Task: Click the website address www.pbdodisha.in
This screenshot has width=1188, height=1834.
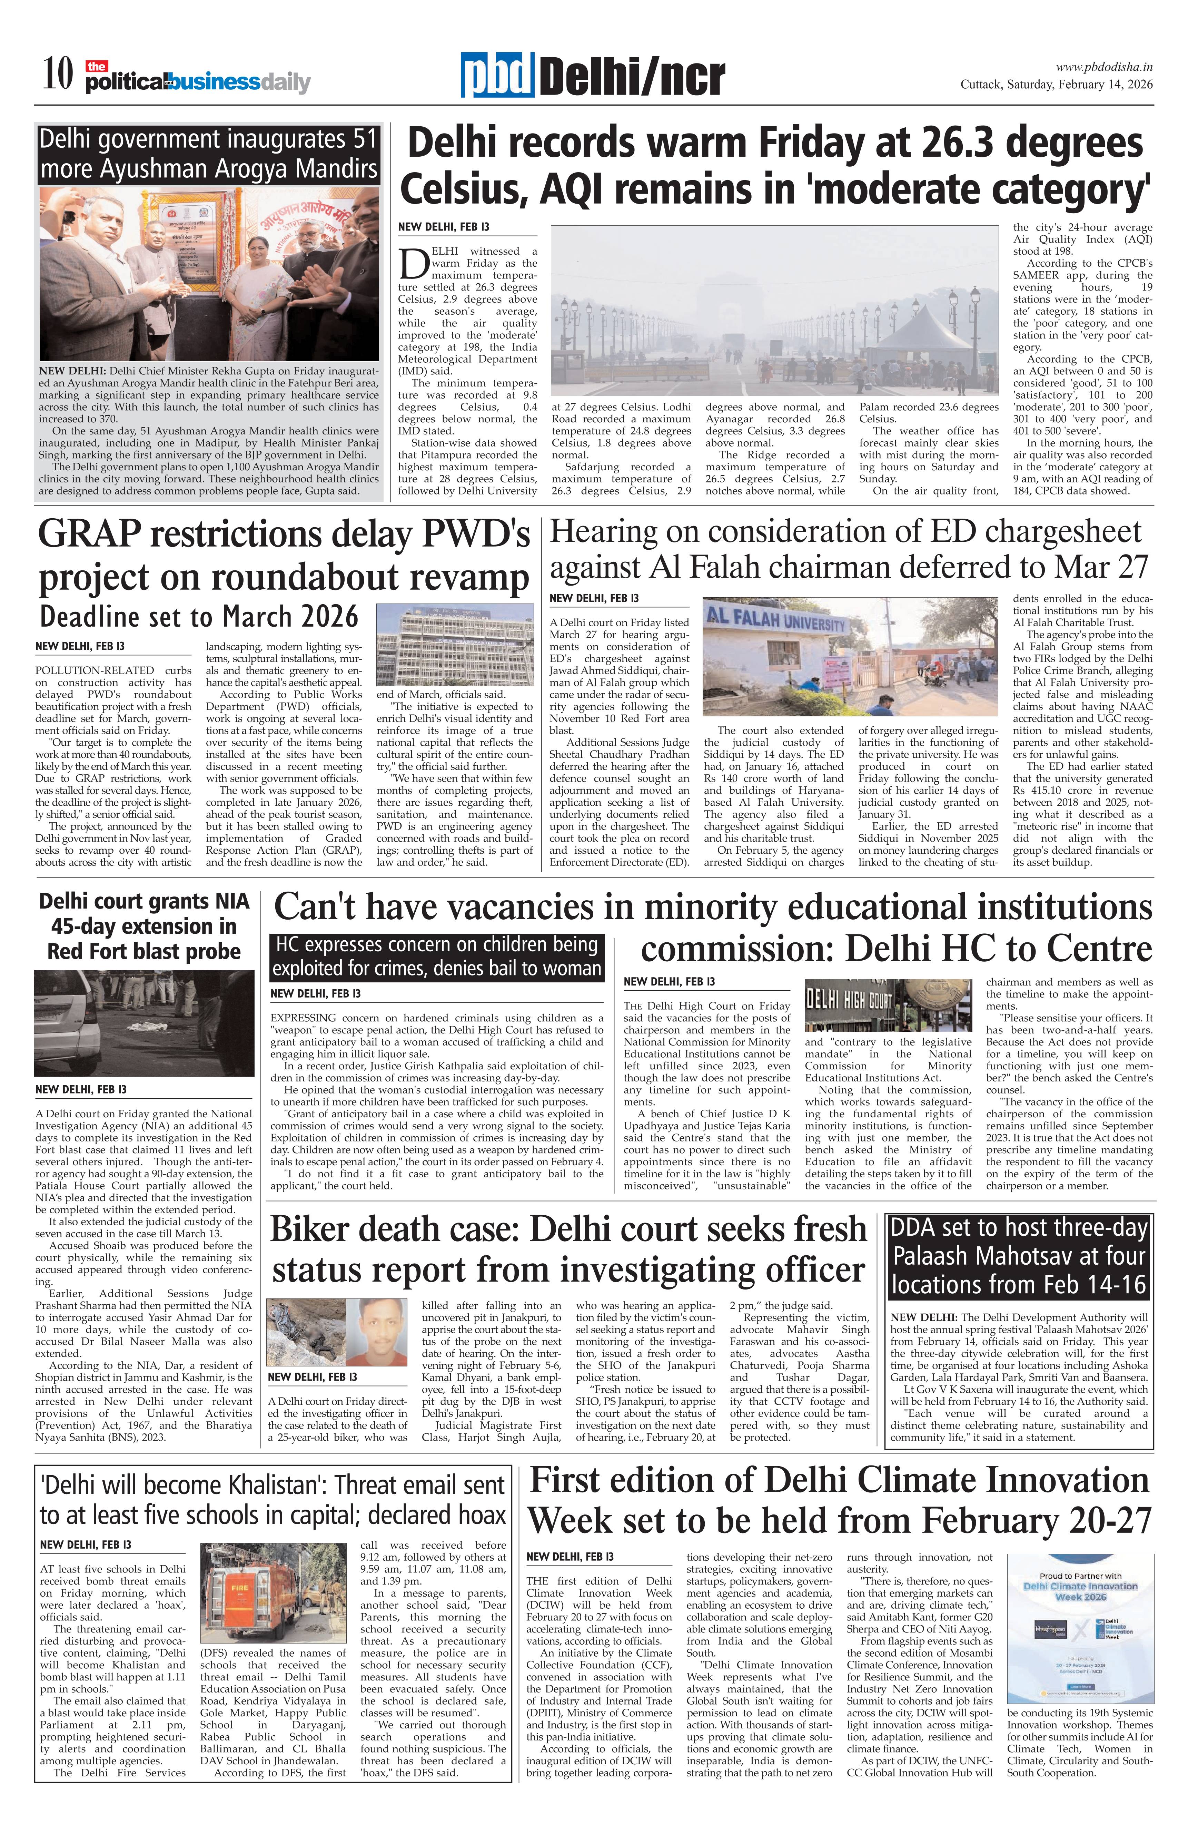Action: [1103, 67]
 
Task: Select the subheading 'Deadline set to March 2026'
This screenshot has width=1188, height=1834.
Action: [199, 617]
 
